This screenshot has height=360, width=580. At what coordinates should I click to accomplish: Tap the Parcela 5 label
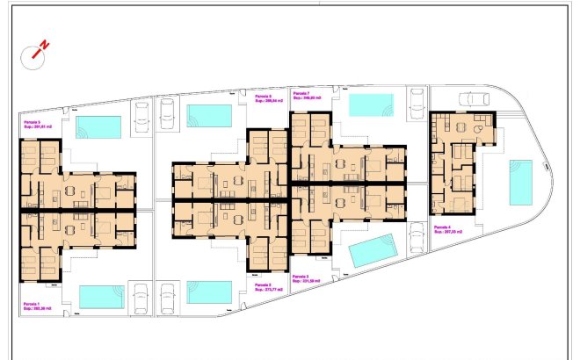(37, 125)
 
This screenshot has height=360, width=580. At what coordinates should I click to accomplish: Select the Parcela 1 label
(37, 305)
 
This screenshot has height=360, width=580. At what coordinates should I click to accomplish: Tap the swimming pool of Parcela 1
(101, 296)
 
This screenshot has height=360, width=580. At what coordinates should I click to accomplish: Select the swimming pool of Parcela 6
(209, 115)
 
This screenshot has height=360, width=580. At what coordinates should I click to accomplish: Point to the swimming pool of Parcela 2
(209, 292)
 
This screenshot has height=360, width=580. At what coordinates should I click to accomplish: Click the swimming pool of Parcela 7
(371, 104)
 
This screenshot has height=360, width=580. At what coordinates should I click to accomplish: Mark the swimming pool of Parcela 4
(520, 182)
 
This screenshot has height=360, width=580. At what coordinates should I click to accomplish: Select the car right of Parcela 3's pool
(416, 240)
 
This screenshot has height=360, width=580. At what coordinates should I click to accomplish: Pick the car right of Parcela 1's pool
(138, 296)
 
